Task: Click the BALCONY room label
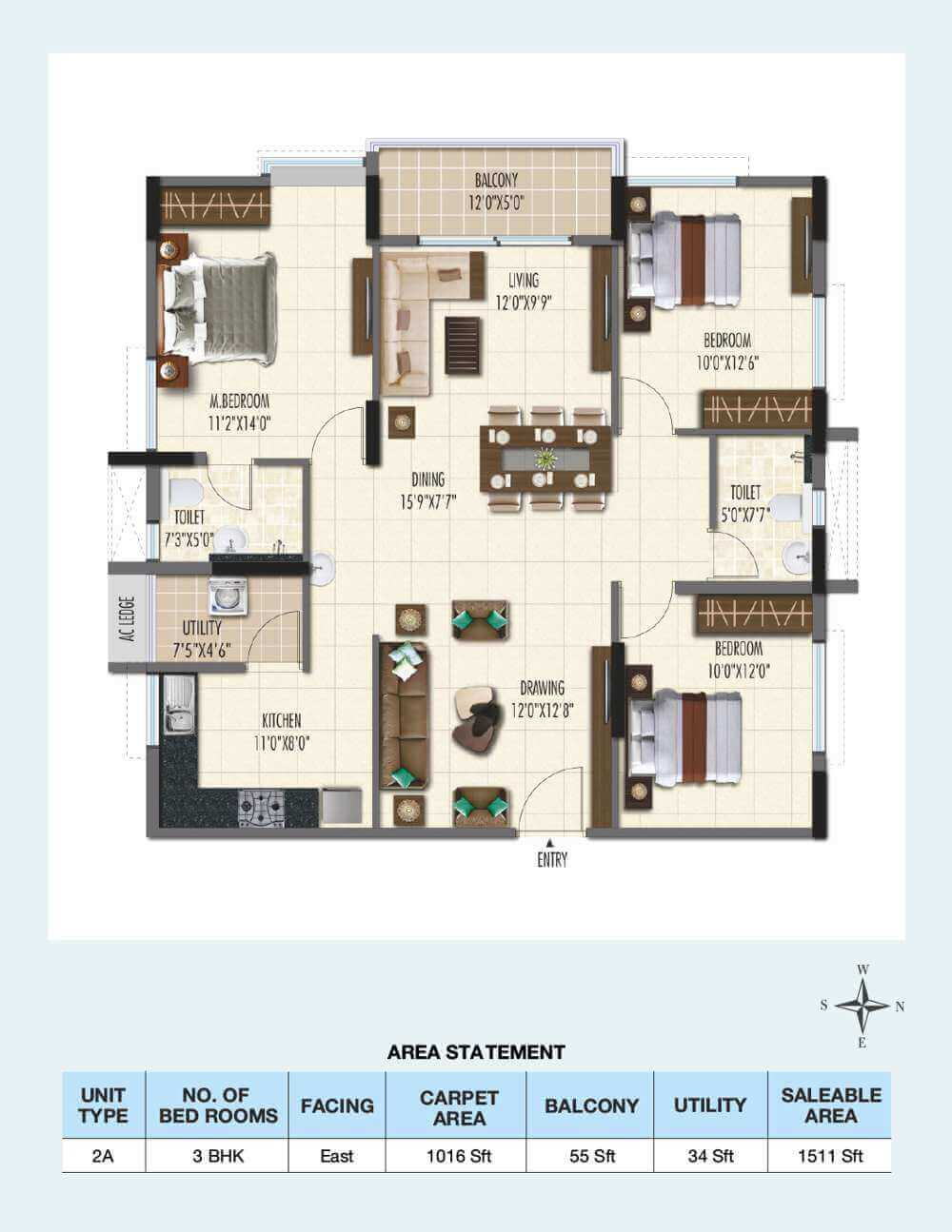(496, 180)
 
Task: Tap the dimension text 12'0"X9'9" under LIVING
(523, 303)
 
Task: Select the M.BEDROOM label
(239, 401)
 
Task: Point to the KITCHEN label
(282, 721)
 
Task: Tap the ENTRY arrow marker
(549, 842)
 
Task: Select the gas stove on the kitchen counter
(261, 808)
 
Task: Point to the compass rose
(863, 1006)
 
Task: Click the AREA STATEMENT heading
(476, 1052)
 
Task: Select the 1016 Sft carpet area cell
(459, 1157)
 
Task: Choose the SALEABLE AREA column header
(830, 1105)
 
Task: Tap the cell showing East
(336, 1157)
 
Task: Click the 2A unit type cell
(103, 1157)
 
